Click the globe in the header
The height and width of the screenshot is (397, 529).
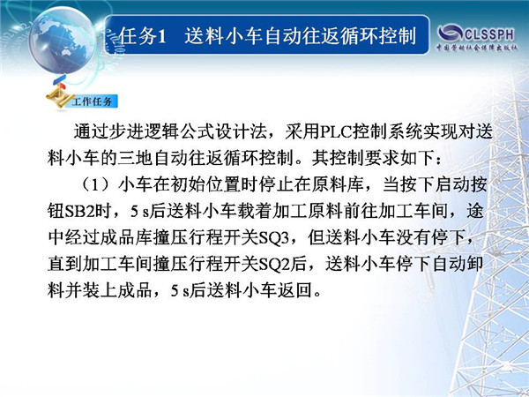coord(63,41)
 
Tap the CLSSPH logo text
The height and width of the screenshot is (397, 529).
coord(489,34)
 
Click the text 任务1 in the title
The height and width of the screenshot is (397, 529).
coord(143,36)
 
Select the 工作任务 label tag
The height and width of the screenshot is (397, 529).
coord(92,101)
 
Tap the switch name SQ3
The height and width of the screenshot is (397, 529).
coord(274,238)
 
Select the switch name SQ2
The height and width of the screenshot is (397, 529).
coord(274,265)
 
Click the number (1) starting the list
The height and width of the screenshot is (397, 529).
coord(96,185)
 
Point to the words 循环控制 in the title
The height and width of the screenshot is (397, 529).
coord(377,36)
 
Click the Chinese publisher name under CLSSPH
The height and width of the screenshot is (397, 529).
coord(477,48)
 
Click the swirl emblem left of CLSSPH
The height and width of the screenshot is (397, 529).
coord(450,34)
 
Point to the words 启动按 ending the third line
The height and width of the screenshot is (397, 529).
coord(460,185)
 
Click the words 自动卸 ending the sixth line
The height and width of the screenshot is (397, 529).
coord(458,265)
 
